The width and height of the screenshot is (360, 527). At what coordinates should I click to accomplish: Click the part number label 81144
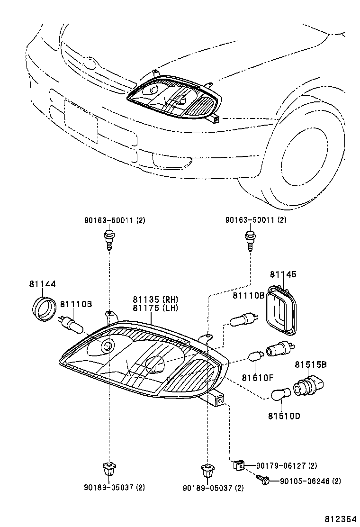pyautogui.click(x=42, y=284)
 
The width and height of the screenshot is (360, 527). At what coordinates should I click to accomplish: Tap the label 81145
pyautogui.click(x=283, y=275)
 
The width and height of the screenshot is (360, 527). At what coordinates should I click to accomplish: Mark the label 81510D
pyautogui.click(x=284, y=416)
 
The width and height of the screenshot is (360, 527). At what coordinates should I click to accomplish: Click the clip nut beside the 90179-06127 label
pyautogui.click(x=239, y=465)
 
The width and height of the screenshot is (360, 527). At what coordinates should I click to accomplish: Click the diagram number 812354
pyautogui.click(x=341, y=519)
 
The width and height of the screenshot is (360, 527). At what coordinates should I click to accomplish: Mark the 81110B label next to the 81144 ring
pyautogui.click(x=75, y=304)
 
